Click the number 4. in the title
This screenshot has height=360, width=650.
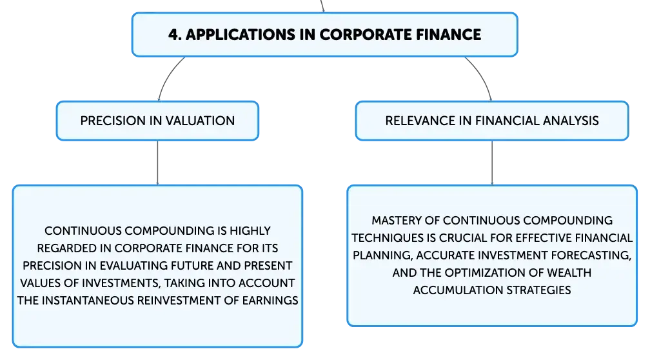pyautogui.click(x=175, y=35)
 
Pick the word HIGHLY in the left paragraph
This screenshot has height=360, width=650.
pyautogui.click(x=250, y=230)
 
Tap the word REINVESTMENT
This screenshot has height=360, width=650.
pyautogui.click(x=179, y=300)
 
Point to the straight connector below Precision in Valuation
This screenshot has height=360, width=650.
pyautogui.click(x=157, y=163)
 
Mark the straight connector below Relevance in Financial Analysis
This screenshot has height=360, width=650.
pyautogui.click(x=492, y=163)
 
